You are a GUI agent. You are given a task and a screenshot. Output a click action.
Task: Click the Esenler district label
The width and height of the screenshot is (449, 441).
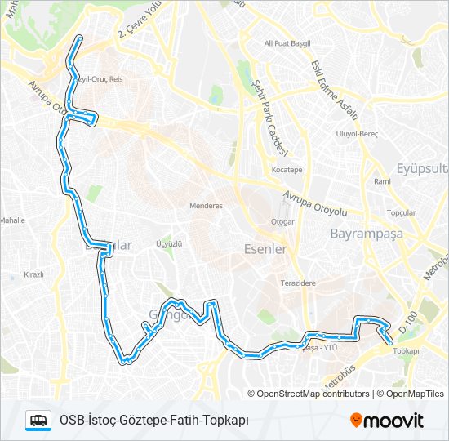click(x=265, y=249)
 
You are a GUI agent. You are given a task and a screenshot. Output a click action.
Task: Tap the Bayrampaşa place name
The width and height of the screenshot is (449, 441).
click(x=367, y=234)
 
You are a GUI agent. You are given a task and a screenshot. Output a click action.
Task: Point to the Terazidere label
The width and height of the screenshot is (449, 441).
click(x=299, y=282)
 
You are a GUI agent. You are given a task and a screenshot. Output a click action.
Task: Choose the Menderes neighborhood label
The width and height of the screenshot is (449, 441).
click(x=206, y=206)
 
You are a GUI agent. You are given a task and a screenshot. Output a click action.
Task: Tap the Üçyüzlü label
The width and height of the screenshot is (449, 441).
click(x=168, y=244)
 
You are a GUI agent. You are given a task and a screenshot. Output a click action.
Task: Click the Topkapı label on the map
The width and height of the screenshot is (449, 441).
click(x=406, y=351)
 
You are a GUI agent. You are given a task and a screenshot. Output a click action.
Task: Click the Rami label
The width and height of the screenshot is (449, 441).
click(x=382, y=181)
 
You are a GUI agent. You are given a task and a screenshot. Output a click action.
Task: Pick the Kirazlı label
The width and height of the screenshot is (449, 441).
click(x=33, y=274)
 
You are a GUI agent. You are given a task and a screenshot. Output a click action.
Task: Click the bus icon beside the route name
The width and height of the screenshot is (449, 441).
click(x=38, y=421)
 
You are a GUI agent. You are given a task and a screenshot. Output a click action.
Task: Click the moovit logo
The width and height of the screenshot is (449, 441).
click(x=387, y=421)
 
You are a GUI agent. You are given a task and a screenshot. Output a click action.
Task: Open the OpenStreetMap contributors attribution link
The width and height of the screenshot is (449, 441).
click(x=313, y=394)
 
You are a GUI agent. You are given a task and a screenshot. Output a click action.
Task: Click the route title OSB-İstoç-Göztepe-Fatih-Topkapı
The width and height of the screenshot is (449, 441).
click(x=154, y=421)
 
